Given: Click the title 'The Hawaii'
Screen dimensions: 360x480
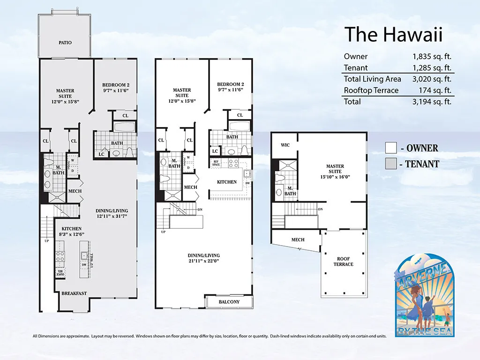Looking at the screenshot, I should click(x=393, y=35).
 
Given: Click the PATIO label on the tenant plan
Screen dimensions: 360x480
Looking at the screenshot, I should click(x=65, y=43).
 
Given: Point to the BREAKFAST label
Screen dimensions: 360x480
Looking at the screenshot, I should click(x=74, y=293).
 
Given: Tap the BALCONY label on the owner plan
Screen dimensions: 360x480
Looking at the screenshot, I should click(x=229, y=302).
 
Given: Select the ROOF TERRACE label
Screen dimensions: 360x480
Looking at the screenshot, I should click(x=345, y=262).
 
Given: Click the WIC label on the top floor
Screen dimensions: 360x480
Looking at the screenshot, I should click(x=285, y=145).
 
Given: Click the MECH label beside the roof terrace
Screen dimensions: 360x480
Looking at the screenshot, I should click(x=298, y=240).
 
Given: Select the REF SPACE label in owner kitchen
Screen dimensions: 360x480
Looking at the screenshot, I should click(x=216, y=163).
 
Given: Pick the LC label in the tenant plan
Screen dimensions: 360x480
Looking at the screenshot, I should click(x=101, y=154).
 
